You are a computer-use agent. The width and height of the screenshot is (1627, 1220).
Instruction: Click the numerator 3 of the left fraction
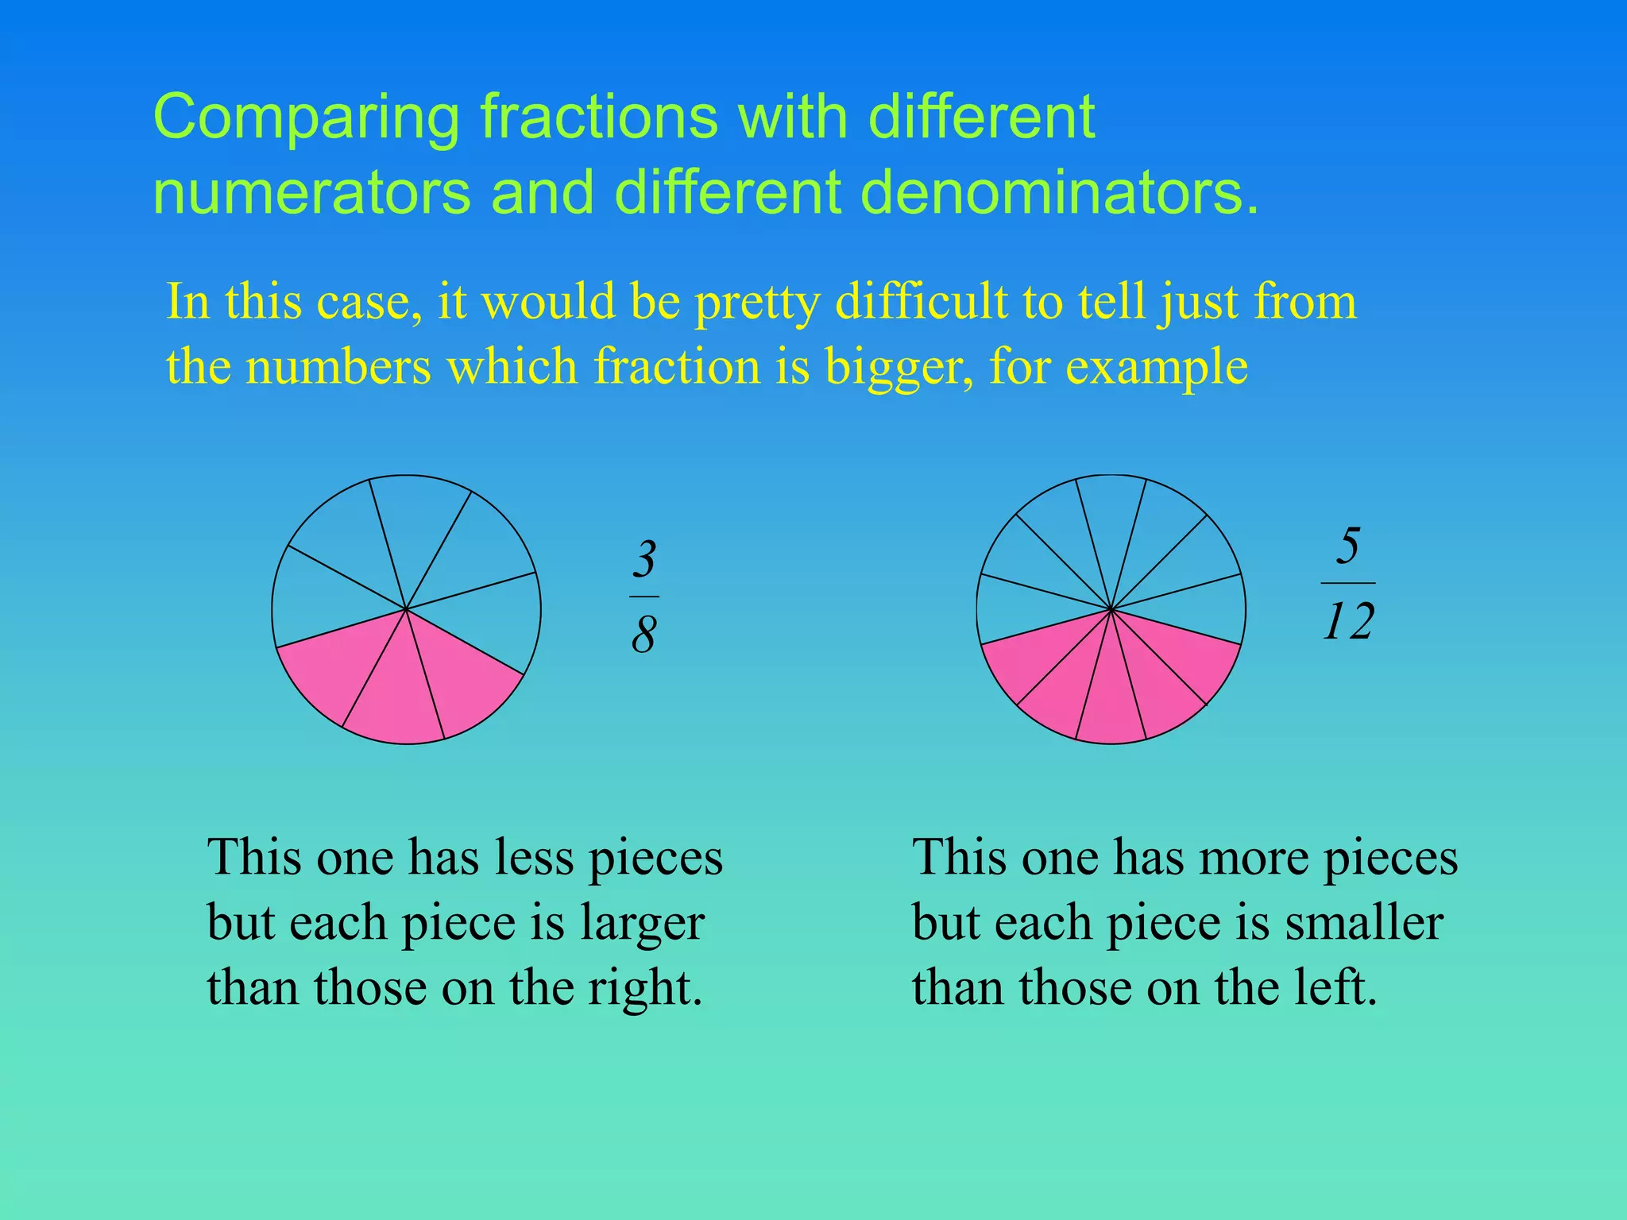[x=644, y=559]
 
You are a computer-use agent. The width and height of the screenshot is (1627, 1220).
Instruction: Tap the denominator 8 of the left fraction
[x=643, y=635]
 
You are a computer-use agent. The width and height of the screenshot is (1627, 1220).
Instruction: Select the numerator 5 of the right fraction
[x=1347, y=546]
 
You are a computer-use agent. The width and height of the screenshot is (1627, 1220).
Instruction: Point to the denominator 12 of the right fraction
[x=1348, y=621]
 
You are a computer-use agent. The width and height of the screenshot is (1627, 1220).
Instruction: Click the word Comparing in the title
[x=306, y=118]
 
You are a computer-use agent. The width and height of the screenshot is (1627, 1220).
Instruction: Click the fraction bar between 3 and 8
[x=644, y=596]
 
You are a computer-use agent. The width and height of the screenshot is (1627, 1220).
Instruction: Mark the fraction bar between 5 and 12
[x=1347, y=583]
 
